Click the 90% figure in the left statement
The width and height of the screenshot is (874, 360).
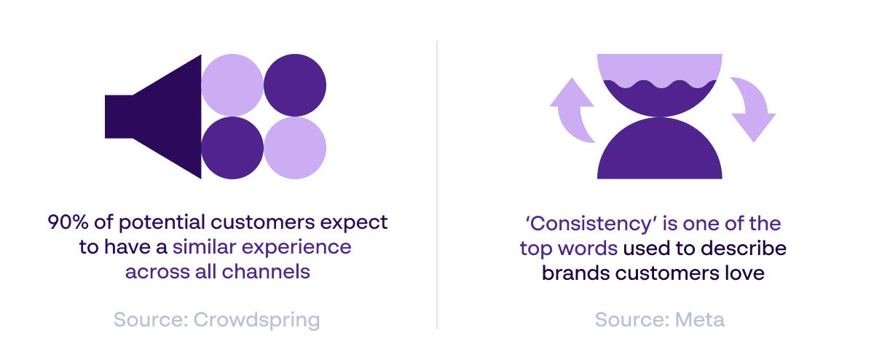point(68,222)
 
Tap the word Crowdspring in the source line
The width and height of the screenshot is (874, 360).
point(256,321)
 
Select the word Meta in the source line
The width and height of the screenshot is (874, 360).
point(700,320)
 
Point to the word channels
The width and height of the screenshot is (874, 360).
point(266,271)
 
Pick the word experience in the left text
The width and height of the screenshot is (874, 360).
point(296,248)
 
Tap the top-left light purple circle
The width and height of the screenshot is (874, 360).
point(232,85)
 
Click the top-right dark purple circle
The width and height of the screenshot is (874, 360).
point(295,85)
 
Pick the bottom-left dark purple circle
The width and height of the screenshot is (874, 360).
point(232,148)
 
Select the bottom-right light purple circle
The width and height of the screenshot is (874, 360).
point(295,148)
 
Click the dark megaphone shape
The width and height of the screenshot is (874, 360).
point(164,117)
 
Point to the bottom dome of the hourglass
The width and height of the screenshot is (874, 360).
point(659,152)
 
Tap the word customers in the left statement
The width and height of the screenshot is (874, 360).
point(263,222)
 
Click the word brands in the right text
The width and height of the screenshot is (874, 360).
point(575,273)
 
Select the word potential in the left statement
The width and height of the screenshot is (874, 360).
point(162,223)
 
